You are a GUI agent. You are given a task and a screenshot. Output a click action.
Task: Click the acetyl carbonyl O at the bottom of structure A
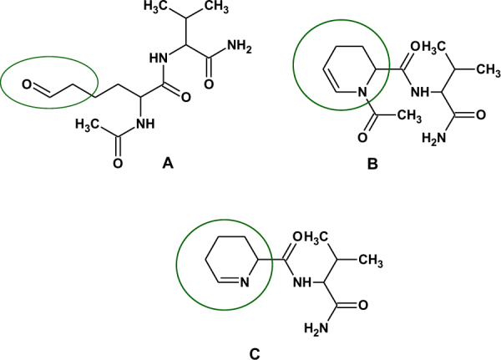point(117,162)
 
